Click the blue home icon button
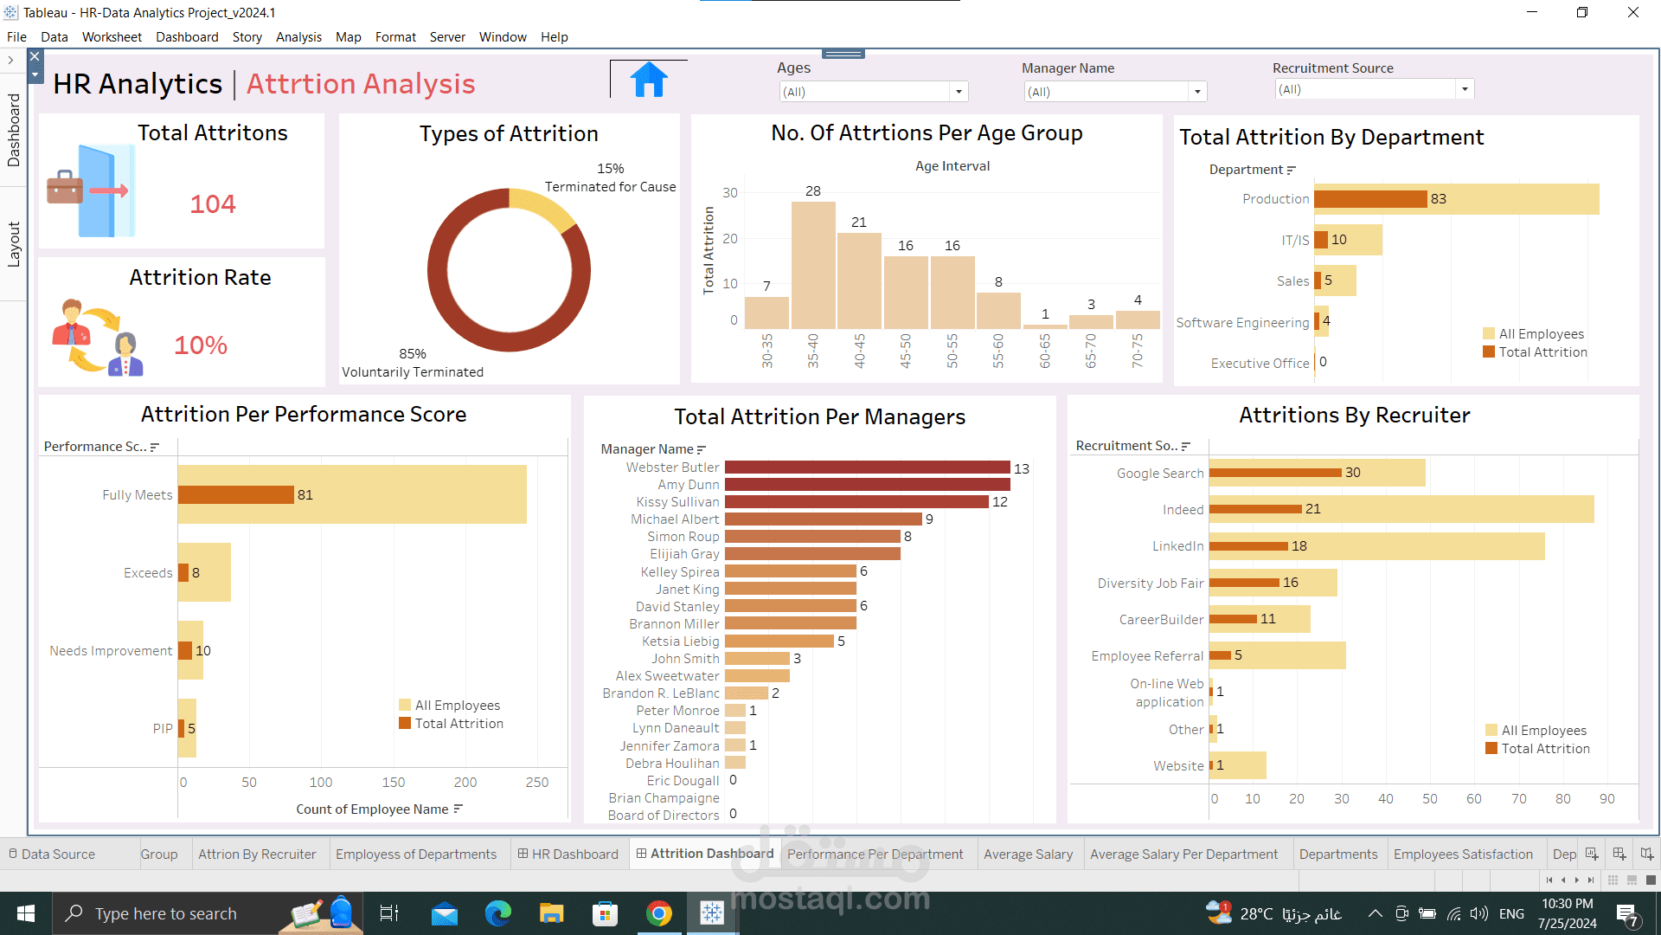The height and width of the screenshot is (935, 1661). click(x=649, y=81)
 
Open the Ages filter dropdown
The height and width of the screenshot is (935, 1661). click(x=958, y=92)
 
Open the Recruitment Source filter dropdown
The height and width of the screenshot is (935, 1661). click(x=1464, y=89)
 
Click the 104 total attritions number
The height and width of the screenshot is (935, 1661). click(x=213, y=204)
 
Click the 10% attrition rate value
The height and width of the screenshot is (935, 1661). click(x=201, y=345)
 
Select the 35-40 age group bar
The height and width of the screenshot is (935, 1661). click(x=813, y=265)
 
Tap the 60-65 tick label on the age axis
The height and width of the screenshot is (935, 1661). click(x=1045, y=351)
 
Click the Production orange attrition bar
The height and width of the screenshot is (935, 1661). click(x=1370, y=199)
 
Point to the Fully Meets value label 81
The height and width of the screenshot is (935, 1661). click(x=305, y=495)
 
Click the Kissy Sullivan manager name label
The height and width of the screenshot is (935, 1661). click(x=677, y=502)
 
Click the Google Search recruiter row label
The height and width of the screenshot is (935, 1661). click(x=1160, y=474)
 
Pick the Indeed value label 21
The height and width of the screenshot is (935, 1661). click(x=1313, y=509)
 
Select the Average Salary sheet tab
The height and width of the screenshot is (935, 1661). click(x=1028, y=854)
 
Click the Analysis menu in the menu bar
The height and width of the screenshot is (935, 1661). click(x=298, y=37)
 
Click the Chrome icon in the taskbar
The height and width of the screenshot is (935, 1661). click(x=659, y=913)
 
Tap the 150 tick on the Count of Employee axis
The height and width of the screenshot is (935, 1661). click(x=394, y=783)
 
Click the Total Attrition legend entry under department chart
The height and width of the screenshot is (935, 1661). click(x=1542, y=352)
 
